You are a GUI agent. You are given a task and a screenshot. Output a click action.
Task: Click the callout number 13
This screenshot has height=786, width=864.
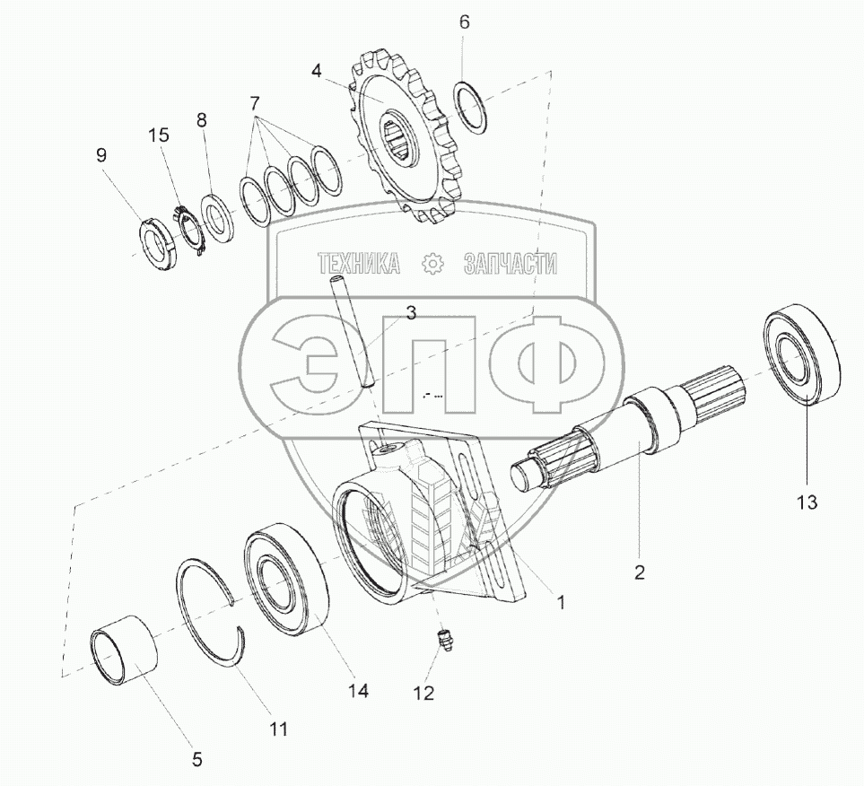(x=807, y=502)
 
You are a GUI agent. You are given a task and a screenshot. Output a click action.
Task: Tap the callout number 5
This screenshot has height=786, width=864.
(x=196, y=760)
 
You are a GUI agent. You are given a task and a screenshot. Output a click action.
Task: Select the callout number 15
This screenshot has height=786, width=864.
(x=159, y=135)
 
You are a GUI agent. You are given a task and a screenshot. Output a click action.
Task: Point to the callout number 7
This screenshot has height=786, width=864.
(x=254, y=103)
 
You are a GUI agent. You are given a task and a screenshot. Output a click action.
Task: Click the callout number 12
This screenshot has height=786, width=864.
(x=423, y=693)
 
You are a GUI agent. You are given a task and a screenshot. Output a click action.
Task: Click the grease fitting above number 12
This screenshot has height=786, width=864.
(x=444, y=642)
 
